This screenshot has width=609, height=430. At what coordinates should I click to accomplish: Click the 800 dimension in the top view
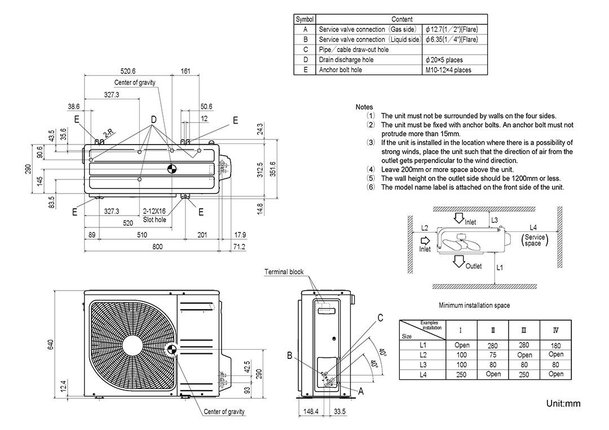coord(157,247)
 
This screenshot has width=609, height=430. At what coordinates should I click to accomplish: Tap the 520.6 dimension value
coord(128,71)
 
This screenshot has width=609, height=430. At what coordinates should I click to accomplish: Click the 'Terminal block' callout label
coord(284,272)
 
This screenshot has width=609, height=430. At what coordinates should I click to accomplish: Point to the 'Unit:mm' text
coord(563,403)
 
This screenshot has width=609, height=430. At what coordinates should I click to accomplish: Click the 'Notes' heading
coord(364,107)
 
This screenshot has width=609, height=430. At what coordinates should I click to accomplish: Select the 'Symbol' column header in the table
coord(305,19)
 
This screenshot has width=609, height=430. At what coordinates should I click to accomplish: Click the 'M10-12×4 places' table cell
coord(449,70)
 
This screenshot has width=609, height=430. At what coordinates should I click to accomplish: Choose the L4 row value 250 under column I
coord(461,374)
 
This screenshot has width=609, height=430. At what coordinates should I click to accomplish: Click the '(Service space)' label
coord(533,240)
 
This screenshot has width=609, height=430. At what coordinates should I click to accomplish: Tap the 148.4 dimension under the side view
coord(309,411)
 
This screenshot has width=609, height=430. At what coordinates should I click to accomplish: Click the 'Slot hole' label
coord(155,220)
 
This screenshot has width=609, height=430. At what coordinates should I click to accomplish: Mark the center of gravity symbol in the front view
coord(173,349)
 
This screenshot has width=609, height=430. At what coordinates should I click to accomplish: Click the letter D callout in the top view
coord(153,120)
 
